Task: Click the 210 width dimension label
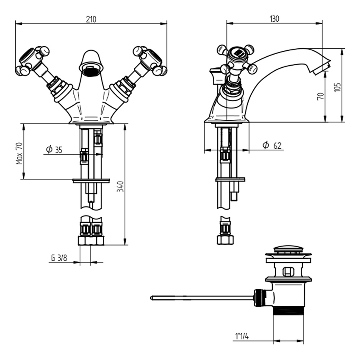click(x=91, y=19)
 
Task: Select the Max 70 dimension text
click(x=19, y=153)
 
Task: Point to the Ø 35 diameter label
click(x=54, y=149)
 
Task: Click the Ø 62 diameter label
click(x=271, y=145)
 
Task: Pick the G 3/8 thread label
click(x=59, y=258)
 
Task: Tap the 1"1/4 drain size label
click(x=242, y=336)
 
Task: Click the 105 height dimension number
click(x=337, y=86)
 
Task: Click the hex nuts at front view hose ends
click(x=91, y=241)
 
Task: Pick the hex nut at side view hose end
click(x=225, y=240)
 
